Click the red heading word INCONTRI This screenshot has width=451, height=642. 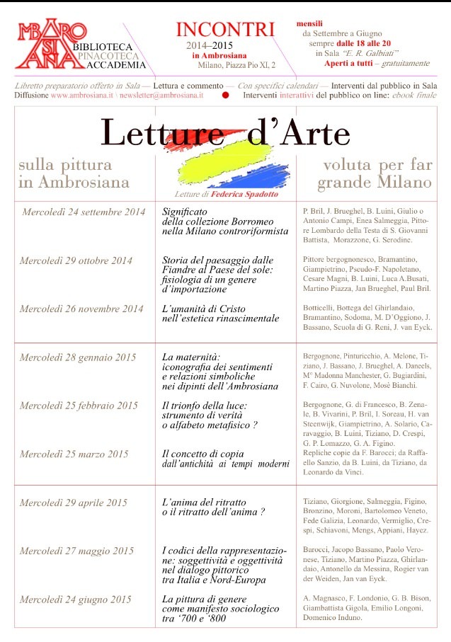[225, 30]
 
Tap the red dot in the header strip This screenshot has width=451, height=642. [225, 94]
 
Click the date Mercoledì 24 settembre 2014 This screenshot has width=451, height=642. [84, 212]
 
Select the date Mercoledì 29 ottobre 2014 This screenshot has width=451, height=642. [76, 260]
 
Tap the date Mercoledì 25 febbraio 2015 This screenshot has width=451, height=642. [79, 406]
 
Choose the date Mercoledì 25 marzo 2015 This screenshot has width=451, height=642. [74, 454]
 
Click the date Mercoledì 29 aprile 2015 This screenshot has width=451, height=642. [74, 503]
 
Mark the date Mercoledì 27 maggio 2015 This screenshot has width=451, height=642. [76, 551]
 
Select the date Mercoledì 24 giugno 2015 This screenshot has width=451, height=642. [75, 600]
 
